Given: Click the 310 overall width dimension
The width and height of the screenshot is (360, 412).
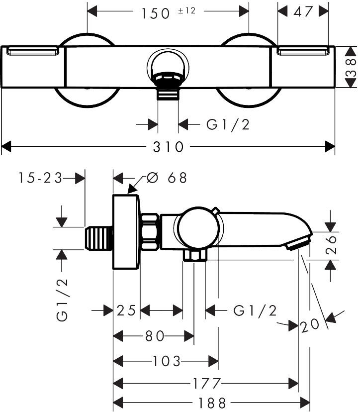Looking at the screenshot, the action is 169,147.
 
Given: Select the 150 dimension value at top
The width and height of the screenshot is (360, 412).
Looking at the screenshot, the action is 156,13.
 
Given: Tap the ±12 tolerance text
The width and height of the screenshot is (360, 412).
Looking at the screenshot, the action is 187,10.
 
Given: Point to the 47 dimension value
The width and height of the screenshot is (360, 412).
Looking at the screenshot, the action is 303,11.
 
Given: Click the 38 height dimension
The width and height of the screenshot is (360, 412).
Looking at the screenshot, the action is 351,68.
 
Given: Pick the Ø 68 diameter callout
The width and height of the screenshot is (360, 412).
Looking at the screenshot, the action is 167,178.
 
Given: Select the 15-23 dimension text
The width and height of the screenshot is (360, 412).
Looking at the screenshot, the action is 40,178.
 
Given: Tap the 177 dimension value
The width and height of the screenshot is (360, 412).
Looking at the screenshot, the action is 207,384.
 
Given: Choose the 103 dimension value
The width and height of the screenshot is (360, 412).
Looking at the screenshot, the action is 167,361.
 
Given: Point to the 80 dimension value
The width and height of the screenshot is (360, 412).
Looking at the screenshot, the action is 155,336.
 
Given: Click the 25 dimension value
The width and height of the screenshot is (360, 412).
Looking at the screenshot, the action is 126,310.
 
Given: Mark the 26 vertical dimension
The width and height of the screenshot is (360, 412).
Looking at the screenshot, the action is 331,245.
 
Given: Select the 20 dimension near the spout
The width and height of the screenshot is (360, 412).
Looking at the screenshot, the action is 310,326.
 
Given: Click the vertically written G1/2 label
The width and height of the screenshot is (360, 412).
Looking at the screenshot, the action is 62,300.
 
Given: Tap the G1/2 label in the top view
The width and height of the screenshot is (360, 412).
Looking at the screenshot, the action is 228,124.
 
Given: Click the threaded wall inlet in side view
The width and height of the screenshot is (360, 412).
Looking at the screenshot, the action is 99,238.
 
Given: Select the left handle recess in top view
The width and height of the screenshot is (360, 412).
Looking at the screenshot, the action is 33,51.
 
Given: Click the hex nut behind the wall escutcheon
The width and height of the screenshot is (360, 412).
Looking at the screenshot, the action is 150,232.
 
